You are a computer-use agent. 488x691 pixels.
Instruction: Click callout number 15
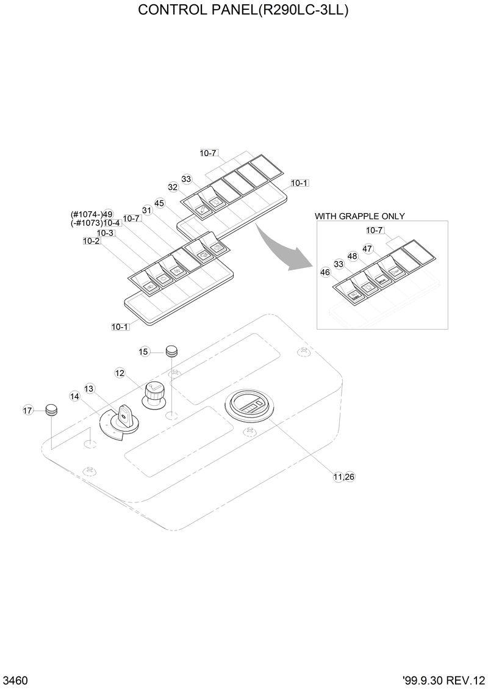coord(143,352)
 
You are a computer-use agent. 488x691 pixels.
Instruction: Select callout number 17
coord(27,411)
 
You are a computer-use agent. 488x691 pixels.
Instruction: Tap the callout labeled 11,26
coord(343,477)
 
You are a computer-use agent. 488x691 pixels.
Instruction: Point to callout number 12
coord(120,372)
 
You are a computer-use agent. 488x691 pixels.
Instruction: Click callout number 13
coord(89,388)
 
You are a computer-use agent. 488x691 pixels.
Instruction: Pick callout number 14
coord(74,396)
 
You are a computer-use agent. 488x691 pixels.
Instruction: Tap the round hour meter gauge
coord(252,407)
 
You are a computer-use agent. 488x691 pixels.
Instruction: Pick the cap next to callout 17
coord(52,410)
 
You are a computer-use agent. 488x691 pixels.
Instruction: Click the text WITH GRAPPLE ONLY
coord(359,216)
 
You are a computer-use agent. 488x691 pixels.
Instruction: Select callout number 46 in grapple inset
coord(325,272)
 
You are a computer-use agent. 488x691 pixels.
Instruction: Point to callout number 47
coord(367,248)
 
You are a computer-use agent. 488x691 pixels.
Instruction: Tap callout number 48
coord(352,256)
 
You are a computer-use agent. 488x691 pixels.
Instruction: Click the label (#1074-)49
coord(92,214)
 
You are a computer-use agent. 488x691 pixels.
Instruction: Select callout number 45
coord(159,203)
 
